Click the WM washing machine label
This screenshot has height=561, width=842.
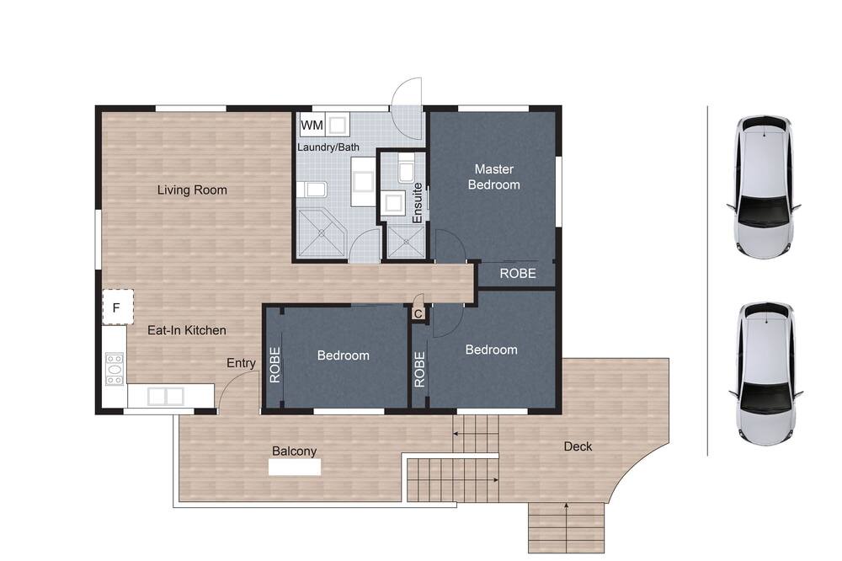click(x=312, y=126)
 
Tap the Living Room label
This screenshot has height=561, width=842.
click(x=192, y=190)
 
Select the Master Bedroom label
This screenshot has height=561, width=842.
click(x=494, y=177)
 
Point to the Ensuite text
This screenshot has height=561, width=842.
click(x=418, y=203)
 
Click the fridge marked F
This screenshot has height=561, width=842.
click(x=118, y=307)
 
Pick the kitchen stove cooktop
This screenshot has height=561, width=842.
click(x=115, y=369)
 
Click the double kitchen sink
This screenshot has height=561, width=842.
click(x=165, y=396)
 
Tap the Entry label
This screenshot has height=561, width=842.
click(x=241, y=363)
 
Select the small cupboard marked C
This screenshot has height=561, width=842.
click(x=418, y=313)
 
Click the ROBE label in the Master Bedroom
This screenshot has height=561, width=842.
click(x=518, y=274)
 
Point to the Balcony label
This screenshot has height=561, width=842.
click(x=294, y=451)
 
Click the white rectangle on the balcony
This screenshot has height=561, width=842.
click(x=295, y=467)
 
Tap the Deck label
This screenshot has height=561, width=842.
click(x=578, y=446)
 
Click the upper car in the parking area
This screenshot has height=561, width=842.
click(x=764, y=188)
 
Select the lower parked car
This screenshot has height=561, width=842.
click(x=765, y=374)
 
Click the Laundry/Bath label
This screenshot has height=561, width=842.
click(x=328, y=147)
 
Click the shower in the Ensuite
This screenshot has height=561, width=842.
click(x=406, y=242)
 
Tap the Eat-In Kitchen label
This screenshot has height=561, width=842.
click(x=187, y=330)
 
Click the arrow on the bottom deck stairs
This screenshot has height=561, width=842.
click(x=567, y=527)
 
